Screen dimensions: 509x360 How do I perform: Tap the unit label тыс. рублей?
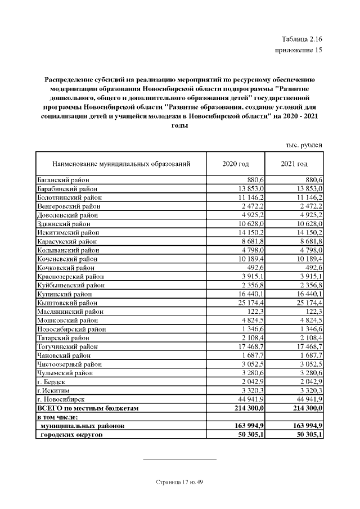click(x=304, y=145)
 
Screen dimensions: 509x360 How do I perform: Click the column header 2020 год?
click(x=236, y=164)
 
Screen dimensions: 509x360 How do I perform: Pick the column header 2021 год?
click(x=294, y=164)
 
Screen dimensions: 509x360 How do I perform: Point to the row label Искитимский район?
click(x=66, y=233)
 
